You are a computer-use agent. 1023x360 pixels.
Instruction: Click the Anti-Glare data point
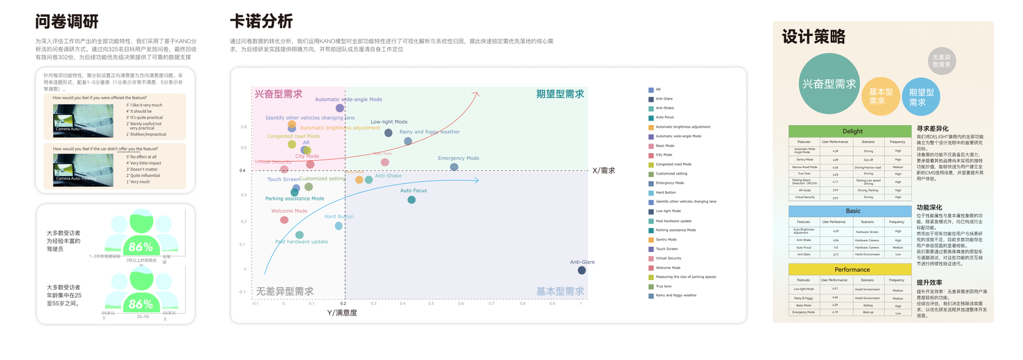(x=581, y=270)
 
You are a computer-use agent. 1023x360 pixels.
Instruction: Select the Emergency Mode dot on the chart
(x=454, y=167)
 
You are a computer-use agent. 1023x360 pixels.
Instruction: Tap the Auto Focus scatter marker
(x=411, y=200)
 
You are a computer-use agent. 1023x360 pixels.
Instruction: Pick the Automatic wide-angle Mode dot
(x=340, y=108)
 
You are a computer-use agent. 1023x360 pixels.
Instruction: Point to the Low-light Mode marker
(x=388, y=133)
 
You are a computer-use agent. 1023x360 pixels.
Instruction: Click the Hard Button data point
(x=338, y=226)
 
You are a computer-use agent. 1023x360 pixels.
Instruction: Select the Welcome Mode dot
(x=284, y=220)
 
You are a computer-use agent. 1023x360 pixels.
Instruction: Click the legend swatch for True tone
(x=651, y=286)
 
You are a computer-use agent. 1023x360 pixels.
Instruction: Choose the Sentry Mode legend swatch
(x=651, y=239)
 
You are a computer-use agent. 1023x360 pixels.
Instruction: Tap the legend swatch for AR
(x=651, y=89)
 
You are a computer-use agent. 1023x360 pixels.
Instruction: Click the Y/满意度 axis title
(x=342, y=313)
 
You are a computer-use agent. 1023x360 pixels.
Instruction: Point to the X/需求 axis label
(x=603, y=171)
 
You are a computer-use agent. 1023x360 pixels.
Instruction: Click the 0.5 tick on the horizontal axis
(x=431, y=304)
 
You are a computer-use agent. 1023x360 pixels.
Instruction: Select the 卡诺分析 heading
(x=261, y=22)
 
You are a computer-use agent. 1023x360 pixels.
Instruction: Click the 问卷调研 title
(x=67, y=22)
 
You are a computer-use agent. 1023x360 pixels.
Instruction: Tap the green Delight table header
(x=852, y=131)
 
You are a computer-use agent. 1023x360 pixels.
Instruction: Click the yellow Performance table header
(x=851, y=269)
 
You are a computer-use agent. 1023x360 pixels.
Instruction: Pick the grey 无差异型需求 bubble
(x=941, y=61)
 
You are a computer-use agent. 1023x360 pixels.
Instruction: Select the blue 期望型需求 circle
(x=921, y=97)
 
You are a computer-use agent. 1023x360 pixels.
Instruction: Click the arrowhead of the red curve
(x=477, y=94)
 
